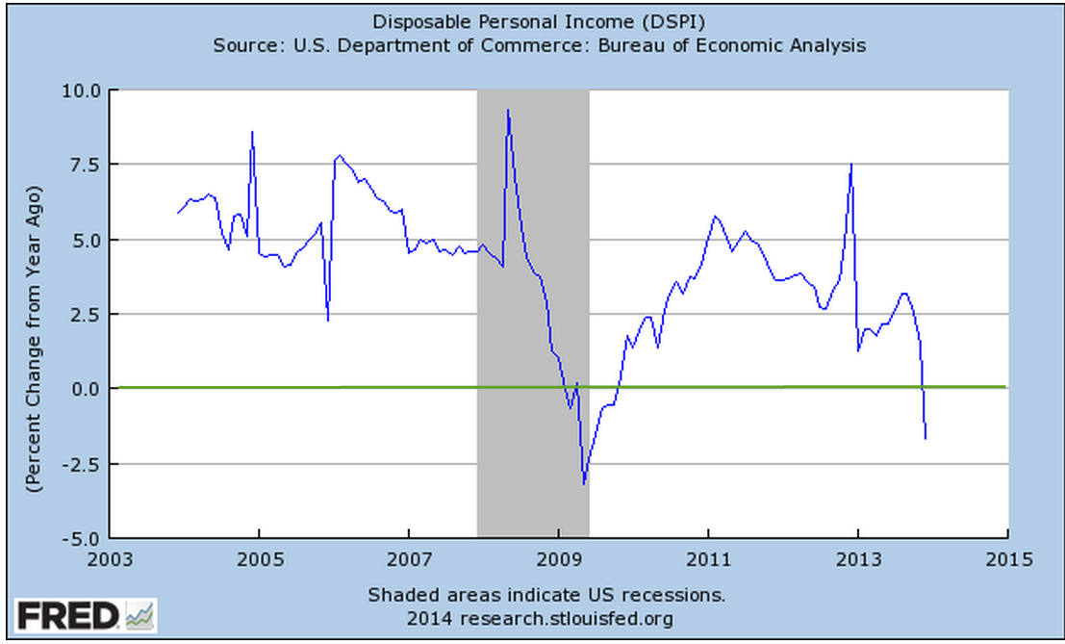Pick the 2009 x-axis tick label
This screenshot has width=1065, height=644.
point(558,558)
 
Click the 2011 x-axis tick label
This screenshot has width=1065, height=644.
point(708,558)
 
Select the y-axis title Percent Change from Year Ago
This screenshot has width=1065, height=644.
point(34,314)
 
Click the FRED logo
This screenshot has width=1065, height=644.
point(85,615)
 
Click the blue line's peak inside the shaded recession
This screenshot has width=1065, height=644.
point(508,110)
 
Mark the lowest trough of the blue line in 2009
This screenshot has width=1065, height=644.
point(583,483)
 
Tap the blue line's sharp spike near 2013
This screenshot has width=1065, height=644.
point(851,165)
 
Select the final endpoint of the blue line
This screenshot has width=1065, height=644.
point(926,439)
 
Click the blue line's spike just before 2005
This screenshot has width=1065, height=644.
point(252,132)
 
